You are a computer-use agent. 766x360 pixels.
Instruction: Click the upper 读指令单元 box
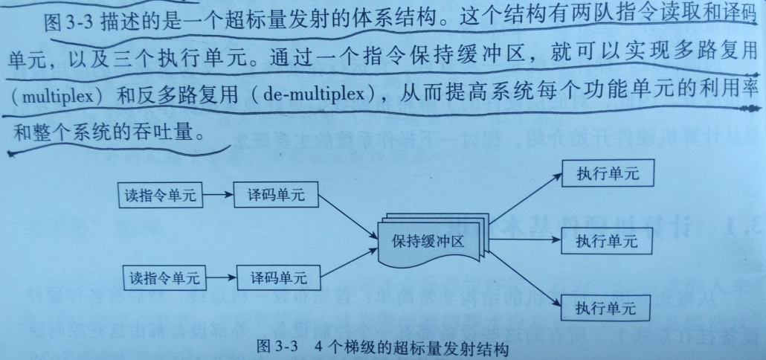pyautogui.click(x=161, y=196)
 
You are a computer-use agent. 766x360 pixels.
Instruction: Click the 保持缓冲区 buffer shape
pyautogui.click(x=430, y=242)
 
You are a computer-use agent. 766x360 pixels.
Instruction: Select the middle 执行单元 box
pyautogui.click(x=606, y=241)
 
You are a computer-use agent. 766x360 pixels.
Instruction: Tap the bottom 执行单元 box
pyautogui.click(x=606, y=306)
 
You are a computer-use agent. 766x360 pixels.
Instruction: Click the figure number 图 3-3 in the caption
pyautogui.click(x=276, y=347)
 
